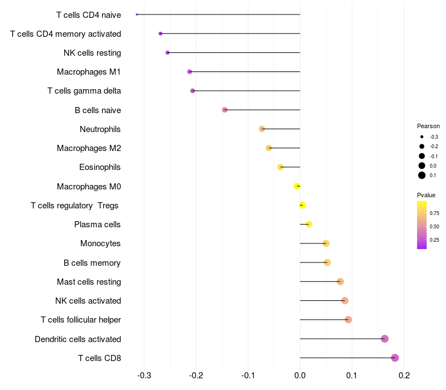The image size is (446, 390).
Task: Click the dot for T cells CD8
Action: pos(395,358)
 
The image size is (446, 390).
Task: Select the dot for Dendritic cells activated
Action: pos(385,339)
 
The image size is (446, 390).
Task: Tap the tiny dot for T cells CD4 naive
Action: pos(137,14)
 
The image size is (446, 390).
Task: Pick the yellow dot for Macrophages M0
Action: pos(297,186)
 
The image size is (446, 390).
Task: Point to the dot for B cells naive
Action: pos(225,110)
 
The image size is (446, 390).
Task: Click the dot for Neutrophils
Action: pos(262,129)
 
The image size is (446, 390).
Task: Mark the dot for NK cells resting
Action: pos(167,53)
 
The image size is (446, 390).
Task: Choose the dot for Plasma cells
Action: pos(309,225)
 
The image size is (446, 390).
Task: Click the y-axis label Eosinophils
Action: pos(100,167)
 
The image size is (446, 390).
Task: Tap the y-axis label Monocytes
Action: pos(100,243)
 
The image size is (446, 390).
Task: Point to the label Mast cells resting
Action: pos(89,282)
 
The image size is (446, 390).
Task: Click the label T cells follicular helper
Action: pos(81,320)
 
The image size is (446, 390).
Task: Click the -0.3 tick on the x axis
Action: pos(144,376)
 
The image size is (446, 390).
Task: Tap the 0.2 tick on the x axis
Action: pos(404,376)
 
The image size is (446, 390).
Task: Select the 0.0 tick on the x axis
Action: pos(300,376)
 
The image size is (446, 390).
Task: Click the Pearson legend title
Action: pos(428,126)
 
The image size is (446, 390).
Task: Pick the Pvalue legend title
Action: pos(426,195)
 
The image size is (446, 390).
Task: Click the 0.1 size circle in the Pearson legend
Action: pos(422,175)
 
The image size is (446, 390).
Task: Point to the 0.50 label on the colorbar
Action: pos(434,227)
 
